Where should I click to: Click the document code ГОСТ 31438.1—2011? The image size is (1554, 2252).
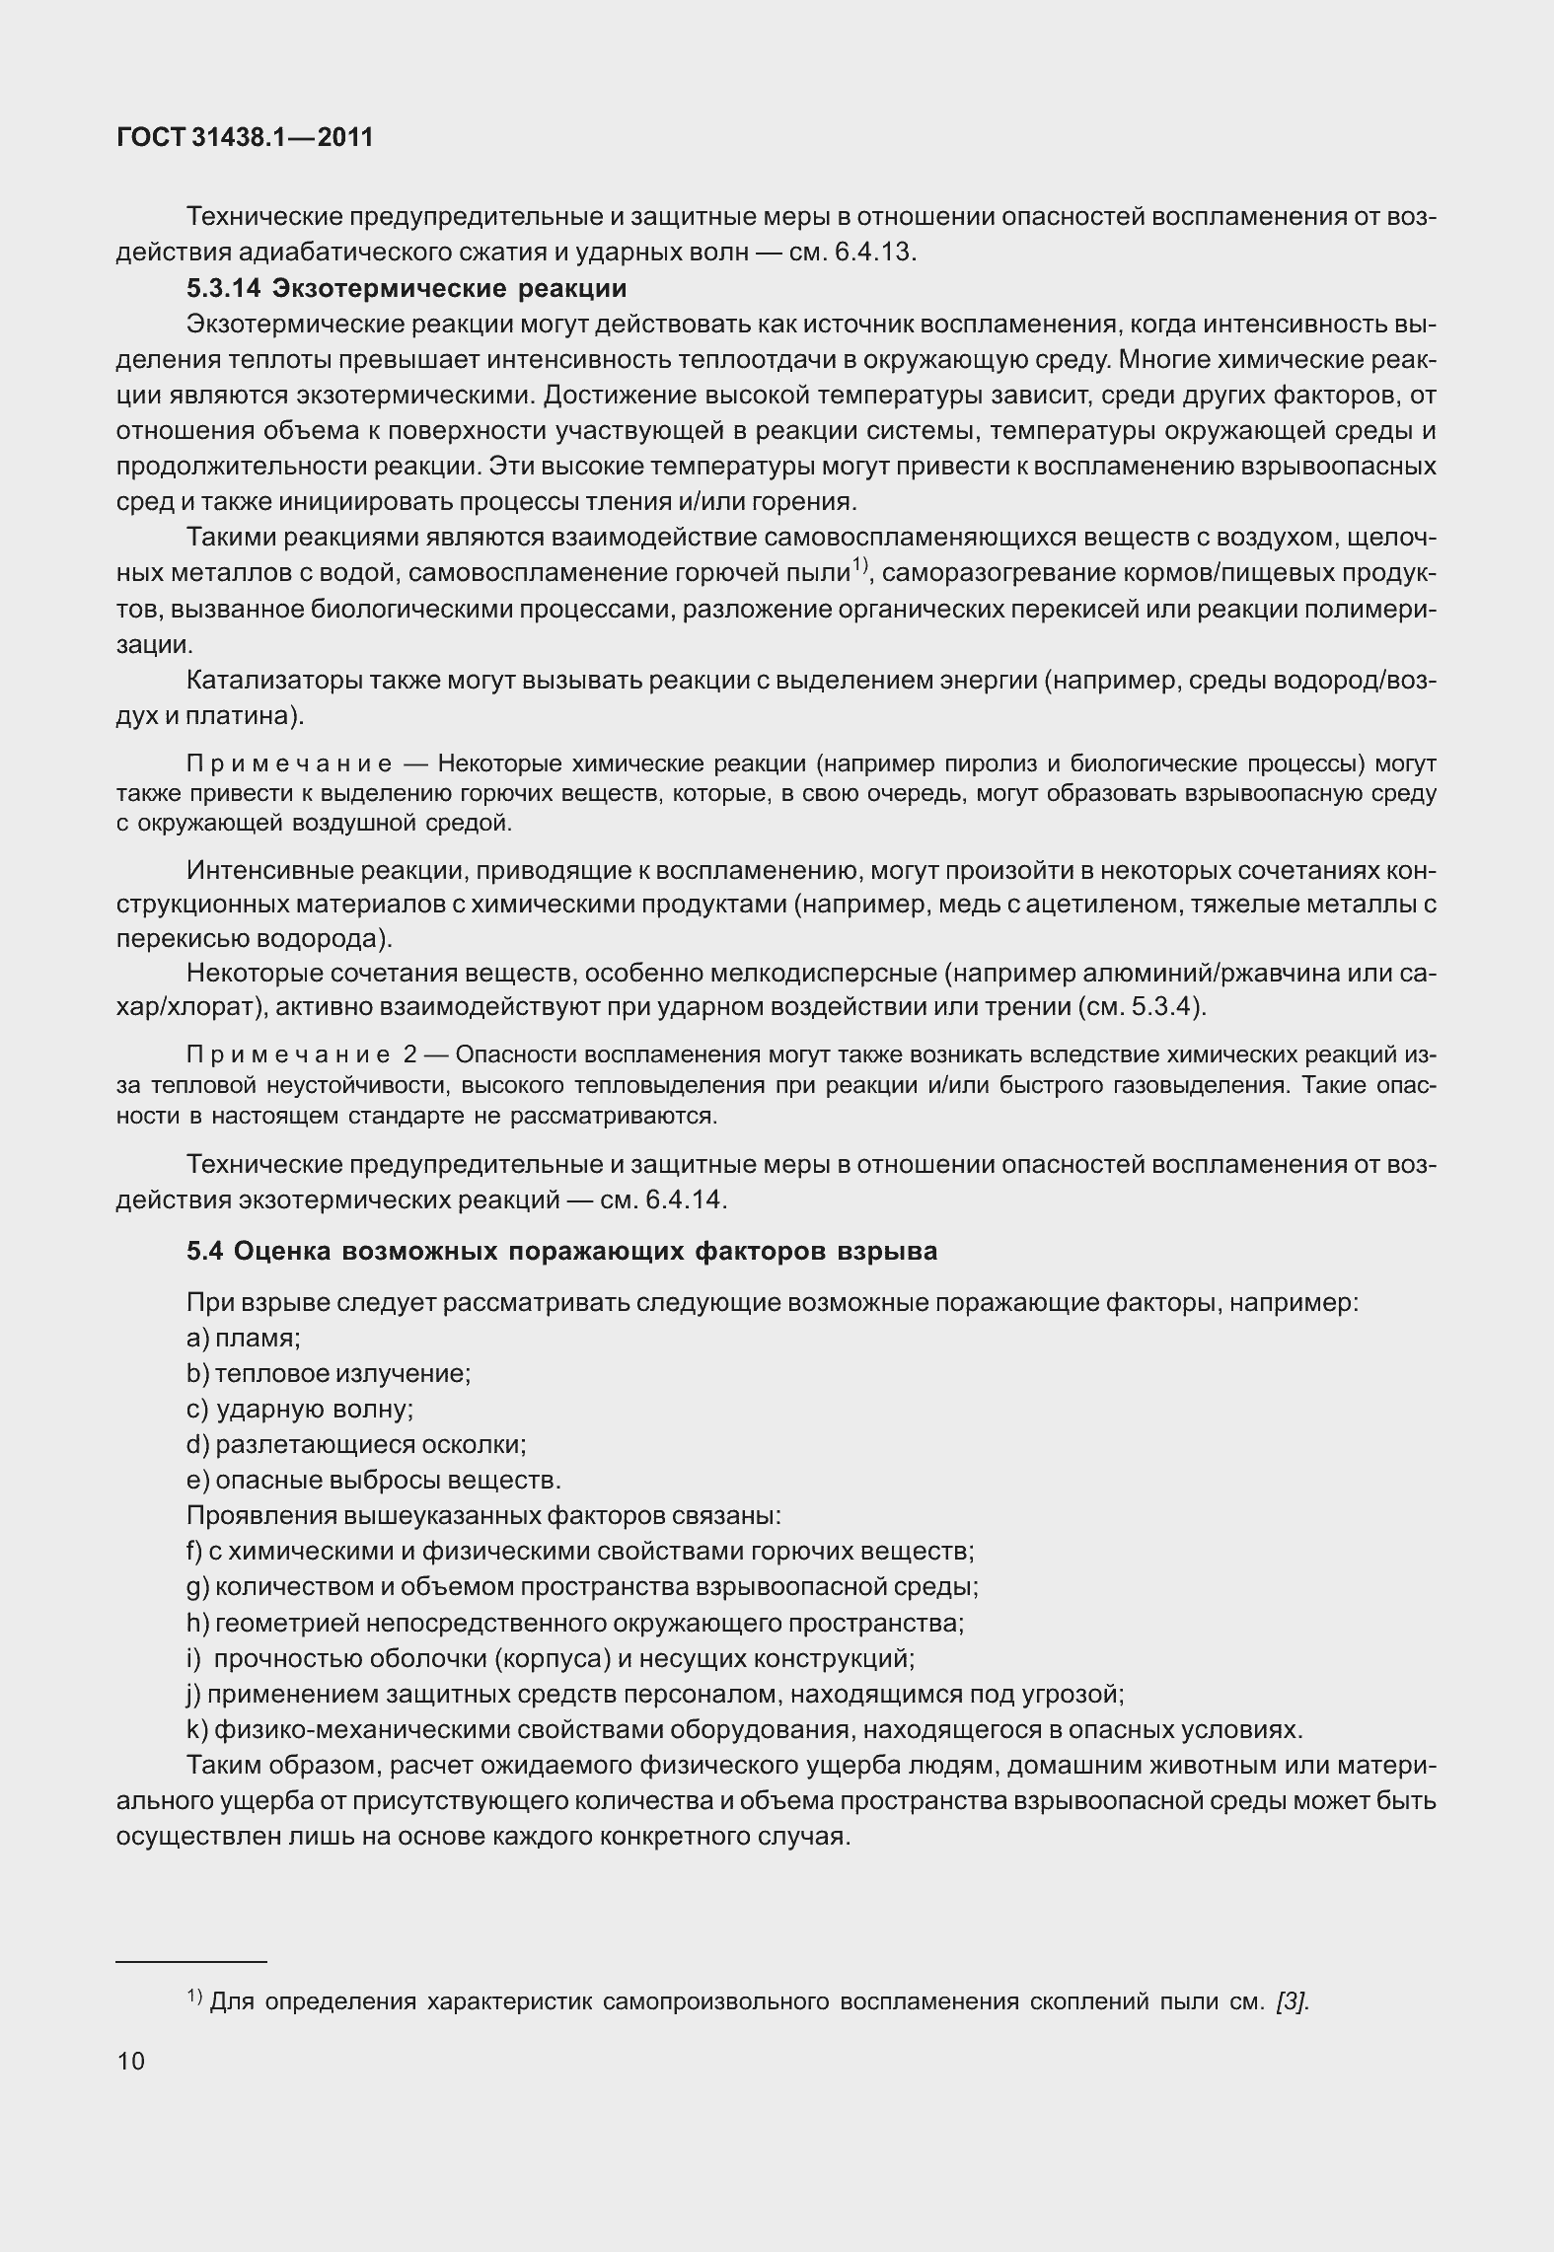point(245,138)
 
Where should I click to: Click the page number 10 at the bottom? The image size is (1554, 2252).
point(130,2061)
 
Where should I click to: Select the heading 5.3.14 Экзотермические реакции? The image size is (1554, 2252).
point(407,288)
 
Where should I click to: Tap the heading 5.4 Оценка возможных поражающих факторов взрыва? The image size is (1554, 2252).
point(561,1252)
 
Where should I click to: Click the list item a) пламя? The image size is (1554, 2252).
point(244,1339)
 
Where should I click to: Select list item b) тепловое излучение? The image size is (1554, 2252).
point(329,1374)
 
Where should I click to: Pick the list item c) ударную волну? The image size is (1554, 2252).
point(300,1410)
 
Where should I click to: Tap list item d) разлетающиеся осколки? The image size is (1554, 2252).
point(356,1445)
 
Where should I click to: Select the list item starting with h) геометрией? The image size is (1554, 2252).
point(575,1623)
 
